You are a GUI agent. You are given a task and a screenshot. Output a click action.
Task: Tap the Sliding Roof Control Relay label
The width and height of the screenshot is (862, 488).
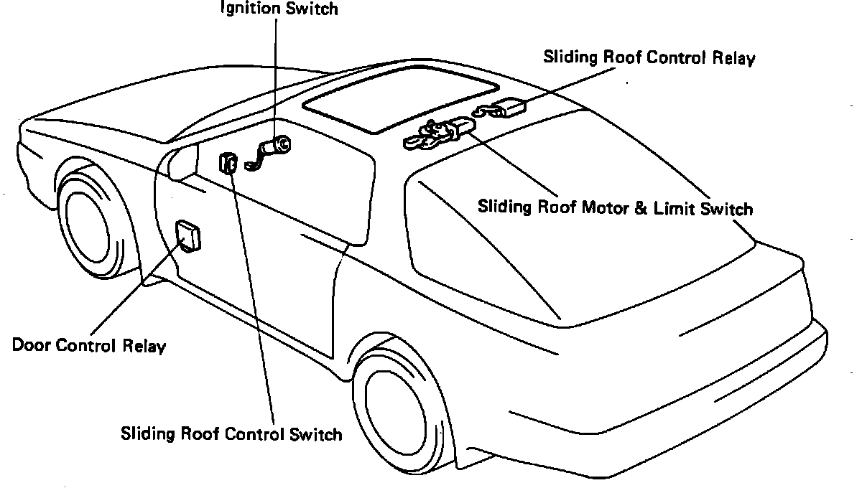tap(649, 58)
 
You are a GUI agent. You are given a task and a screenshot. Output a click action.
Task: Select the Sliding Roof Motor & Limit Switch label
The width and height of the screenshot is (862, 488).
tap(616, 207)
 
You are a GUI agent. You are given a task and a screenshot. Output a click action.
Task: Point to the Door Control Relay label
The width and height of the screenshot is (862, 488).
tap(89, 345)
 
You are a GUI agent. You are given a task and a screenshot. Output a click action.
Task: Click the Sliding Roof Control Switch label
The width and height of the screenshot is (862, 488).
tap(231, 433)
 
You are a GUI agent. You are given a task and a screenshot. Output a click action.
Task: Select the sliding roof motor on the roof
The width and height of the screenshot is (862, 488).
tap(440, 133)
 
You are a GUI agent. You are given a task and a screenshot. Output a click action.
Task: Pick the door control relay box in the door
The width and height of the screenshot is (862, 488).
tap(188, 236)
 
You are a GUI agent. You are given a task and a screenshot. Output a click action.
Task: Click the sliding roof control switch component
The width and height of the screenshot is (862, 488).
tap(228, 164)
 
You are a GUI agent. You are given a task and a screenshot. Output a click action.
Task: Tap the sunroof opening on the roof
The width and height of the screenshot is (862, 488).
tap(400, 99)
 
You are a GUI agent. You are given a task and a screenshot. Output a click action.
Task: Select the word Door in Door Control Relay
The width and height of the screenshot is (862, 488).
tap(32, 345)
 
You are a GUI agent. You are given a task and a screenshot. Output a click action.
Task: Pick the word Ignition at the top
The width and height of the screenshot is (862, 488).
tap(247, 9)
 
